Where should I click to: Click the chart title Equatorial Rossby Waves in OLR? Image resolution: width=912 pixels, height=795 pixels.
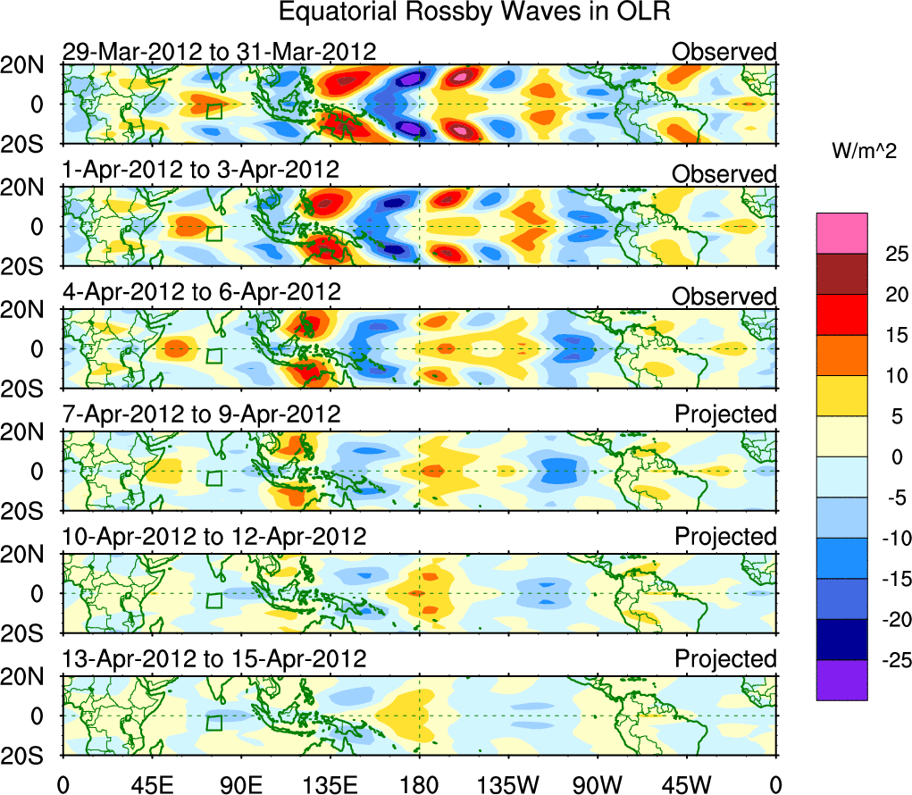[474, 13]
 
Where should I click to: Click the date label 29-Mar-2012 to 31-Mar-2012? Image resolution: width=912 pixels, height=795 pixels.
[219, 52]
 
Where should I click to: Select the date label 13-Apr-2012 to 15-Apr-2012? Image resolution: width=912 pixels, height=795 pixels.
[214, 659]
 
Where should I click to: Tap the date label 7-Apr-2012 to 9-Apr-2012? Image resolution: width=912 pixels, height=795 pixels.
[201, 414]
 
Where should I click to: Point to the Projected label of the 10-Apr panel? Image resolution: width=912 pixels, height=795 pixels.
[725, 537]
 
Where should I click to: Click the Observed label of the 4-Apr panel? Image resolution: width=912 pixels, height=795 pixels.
[724, 297]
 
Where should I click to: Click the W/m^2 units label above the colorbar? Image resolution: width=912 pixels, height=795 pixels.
[866, 153]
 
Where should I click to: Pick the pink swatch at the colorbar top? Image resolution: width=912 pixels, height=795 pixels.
[841, 233]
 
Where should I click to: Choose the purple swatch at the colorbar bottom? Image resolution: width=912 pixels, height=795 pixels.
[841, 680]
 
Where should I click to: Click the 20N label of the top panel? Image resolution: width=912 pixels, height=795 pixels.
[29, 65]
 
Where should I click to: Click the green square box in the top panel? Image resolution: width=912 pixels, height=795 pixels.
[213, 111]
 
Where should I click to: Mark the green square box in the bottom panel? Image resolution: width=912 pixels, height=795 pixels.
[213, 723]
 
